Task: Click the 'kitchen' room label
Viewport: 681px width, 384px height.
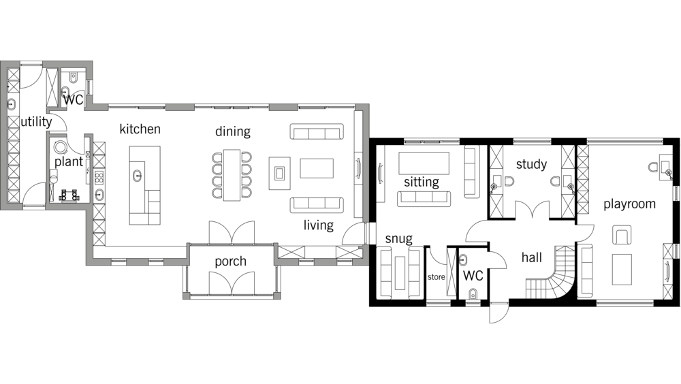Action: (x=140, y=129)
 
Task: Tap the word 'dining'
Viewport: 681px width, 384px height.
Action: (x=233, y=131)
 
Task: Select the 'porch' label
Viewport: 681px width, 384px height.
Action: (x=230, y=261)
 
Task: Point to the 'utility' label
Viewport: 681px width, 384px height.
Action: (x=37, y=122)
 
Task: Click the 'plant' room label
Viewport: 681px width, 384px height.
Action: (x=69, y=162)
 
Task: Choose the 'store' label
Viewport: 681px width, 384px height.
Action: (x=436, y=276)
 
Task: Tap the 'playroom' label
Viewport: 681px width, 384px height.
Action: (x=629, y=204)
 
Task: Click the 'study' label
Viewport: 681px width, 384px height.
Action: (x=531, y=164)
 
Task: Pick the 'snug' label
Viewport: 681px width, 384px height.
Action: (x=398, y=239)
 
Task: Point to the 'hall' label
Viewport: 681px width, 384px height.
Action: (x=532, y=257)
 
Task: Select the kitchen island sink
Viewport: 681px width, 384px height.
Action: (x=138, y=176)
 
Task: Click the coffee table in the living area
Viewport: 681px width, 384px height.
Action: (x=317, y=169)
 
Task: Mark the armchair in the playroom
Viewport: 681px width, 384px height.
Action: (x=622, y=235)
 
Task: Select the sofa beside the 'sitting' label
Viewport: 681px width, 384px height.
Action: (x=424, y=198)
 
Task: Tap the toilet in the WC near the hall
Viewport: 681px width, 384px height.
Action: (x=473, y=293)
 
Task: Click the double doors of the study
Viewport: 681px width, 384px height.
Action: (x=532, y=210)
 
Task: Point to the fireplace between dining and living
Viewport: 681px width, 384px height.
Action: (x=279, y=174)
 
